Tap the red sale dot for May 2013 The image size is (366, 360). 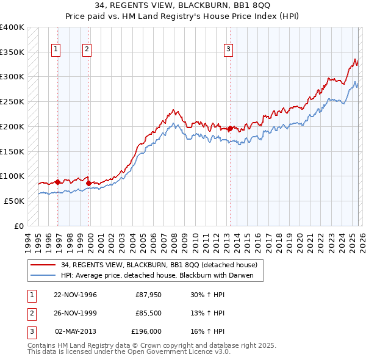coord(230,129)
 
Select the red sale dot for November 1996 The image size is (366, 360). coord(58,182)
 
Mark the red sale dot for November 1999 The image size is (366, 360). coord(89,183)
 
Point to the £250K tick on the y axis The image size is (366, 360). coord(12,102)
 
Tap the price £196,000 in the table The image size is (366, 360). coord(146,331)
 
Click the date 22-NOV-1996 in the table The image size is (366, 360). coord(76,295)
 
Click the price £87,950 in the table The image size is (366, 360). coord(148,295)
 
